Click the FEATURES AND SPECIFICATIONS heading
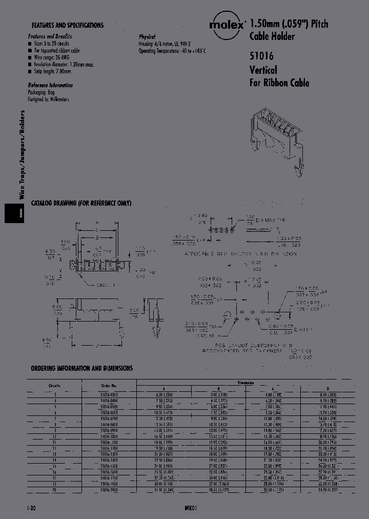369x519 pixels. click(67, 25)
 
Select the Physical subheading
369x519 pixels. click(147, 37)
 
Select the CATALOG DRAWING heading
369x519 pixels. click(81, 204)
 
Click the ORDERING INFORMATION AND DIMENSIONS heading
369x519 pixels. click(81, 368)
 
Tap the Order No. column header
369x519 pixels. click(109, 386)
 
